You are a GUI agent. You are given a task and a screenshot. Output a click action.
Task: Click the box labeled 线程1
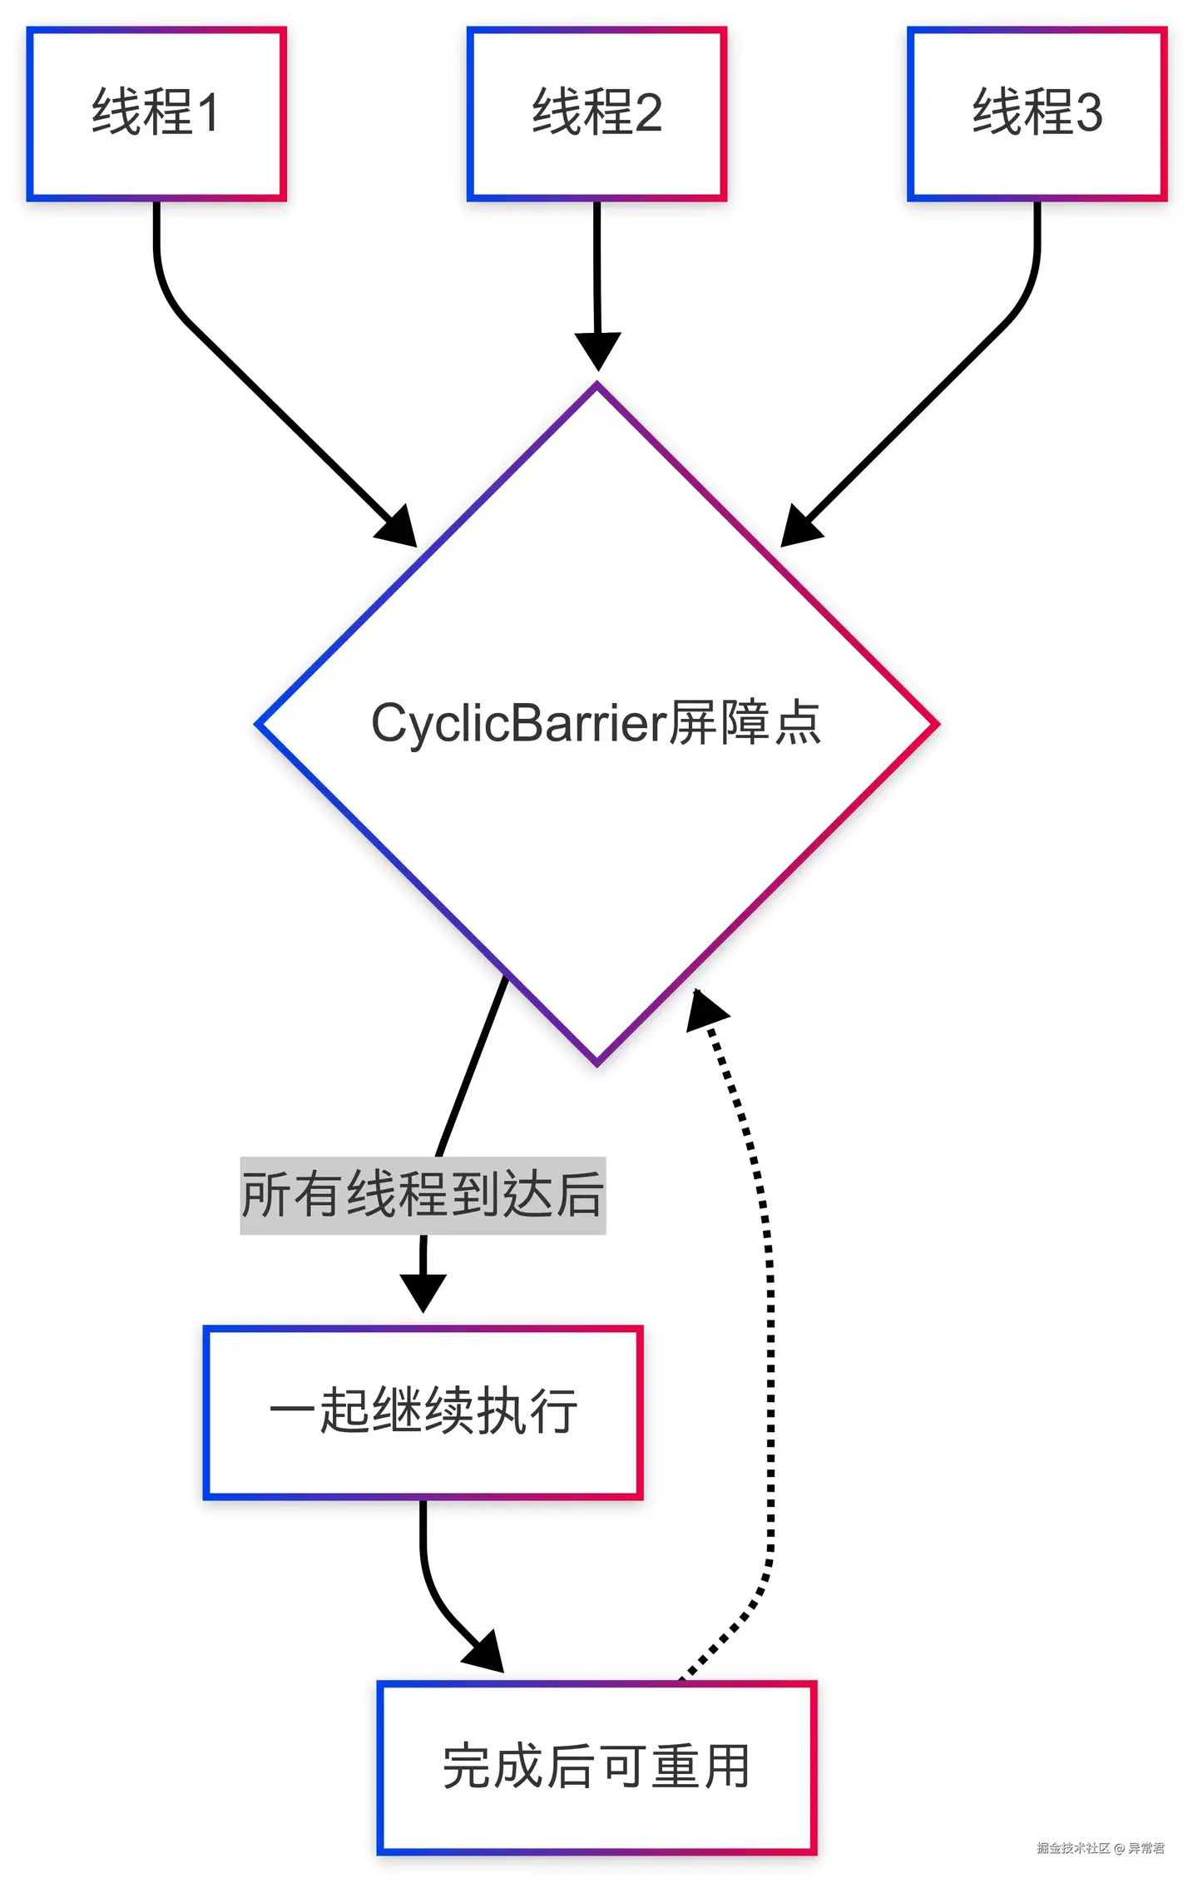156,114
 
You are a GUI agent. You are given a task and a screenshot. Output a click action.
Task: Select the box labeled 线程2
597,114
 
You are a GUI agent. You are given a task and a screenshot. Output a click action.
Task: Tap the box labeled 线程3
1037,114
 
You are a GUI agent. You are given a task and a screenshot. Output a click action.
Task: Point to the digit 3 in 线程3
1089,112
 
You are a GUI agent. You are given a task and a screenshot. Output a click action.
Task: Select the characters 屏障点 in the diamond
745,722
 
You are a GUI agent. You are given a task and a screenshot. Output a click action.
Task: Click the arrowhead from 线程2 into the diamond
597,350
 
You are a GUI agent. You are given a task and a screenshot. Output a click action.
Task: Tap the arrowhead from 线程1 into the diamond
399,529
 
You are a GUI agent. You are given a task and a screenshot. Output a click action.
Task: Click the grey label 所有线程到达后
423,1195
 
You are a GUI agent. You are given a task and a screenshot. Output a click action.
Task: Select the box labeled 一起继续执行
423,1412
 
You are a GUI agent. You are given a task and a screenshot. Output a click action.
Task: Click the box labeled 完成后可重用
597,1767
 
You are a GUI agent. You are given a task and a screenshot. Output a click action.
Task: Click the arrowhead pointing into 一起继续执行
423,1292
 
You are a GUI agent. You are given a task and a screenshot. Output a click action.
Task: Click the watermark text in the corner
1100,1848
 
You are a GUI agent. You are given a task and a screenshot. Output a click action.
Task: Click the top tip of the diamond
597,384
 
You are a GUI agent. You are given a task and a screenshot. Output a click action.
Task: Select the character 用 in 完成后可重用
725,1767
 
